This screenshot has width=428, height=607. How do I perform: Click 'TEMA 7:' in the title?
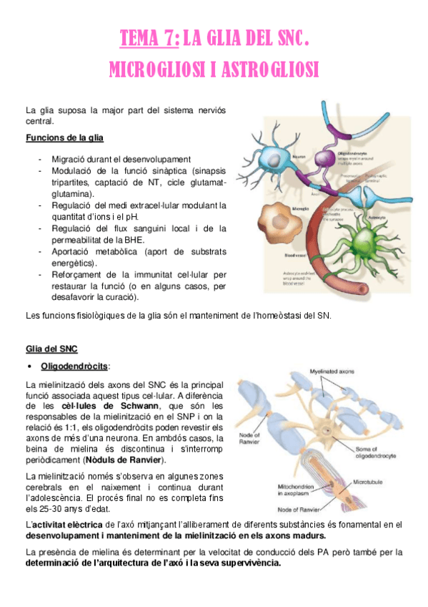(149, 38)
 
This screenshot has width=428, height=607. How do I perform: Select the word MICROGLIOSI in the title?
(153, 69)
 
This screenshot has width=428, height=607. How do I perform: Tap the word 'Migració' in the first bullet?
(70, 158)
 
